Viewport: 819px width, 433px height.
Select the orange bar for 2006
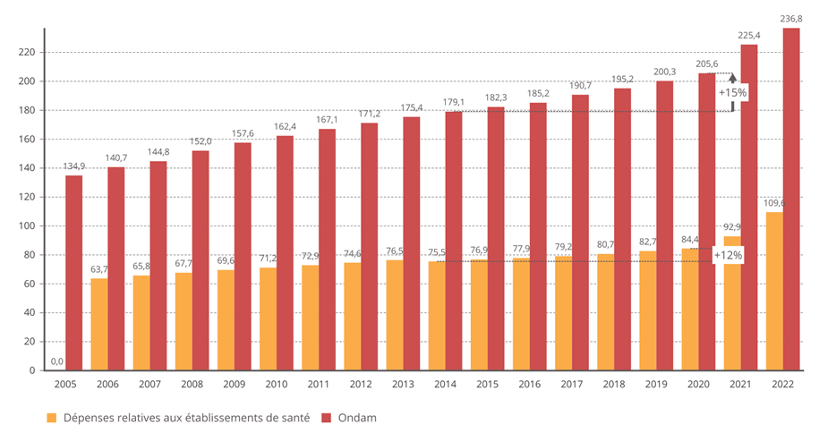98,324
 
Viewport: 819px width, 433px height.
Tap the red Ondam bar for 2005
73,273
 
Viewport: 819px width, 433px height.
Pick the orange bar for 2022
774,291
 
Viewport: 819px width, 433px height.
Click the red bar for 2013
411,243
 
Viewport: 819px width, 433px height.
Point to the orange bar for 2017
563,313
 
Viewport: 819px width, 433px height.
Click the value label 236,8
790,19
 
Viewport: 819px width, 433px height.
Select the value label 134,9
74,166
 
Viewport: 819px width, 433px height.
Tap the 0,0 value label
56,361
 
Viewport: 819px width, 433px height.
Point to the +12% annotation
728,255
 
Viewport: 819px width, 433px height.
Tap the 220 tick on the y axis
28,53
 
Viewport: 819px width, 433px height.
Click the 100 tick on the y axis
28,226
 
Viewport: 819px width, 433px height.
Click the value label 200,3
665,72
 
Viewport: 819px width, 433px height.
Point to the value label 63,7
98,269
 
